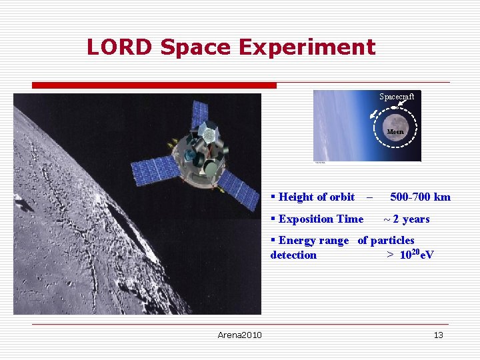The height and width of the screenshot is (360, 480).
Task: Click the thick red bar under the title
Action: [x=154, y=85]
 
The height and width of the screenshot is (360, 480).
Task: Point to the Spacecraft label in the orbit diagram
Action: [x=397, y=97]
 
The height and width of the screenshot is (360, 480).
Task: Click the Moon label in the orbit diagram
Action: [x=395, y=131]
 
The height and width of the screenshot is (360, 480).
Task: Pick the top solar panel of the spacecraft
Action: [x=199, y=114]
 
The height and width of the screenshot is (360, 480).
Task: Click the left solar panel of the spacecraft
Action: [x=155, y=171]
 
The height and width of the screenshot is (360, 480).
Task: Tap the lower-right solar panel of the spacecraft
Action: [x=239, y=188]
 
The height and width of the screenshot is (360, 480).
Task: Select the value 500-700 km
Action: [x=420, y=197]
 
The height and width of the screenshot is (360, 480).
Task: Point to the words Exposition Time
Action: [x=321, y=219]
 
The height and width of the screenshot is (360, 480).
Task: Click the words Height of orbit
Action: [x=316, y=197]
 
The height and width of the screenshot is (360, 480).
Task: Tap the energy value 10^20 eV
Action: [x=417, y=255]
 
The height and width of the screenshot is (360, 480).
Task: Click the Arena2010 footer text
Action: [x=239, y=335]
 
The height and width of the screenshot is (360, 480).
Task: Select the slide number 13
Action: [x=438, y=335]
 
